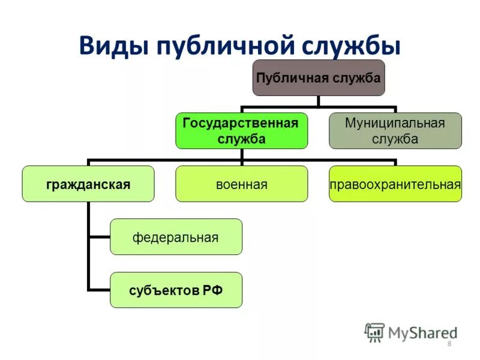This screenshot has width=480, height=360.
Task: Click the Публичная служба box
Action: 319,78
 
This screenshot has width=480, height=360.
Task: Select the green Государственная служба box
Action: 241,130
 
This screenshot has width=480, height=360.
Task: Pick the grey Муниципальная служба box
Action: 395,130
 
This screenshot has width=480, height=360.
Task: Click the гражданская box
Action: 88,184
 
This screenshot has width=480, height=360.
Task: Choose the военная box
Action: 241,184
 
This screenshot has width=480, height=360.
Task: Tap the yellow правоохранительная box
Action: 395,184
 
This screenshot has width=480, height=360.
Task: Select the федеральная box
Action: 176,237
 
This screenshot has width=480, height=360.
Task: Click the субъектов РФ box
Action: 176,290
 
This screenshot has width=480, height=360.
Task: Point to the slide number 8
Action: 449,343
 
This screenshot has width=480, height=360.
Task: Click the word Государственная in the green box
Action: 241,123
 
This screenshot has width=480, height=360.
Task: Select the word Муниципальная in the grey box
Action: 395,123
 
